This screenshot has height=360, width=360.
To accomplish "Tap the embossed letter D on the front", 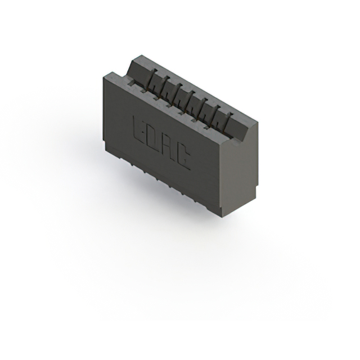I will point(154,138).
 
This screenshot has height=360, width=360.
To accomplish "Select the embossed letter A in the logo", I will point(168,148).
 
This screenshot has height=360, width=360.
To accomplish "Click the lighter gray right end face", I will point(242,169).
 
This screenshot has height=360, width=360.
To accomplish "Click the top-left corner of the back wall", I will point(137,56).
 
